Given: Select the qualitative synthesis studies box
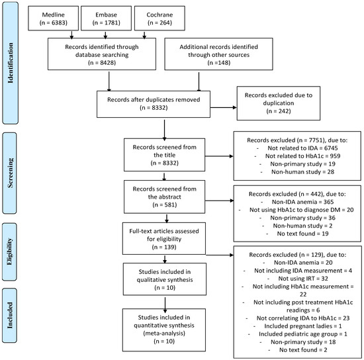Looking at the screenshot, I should pos(161,279).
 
